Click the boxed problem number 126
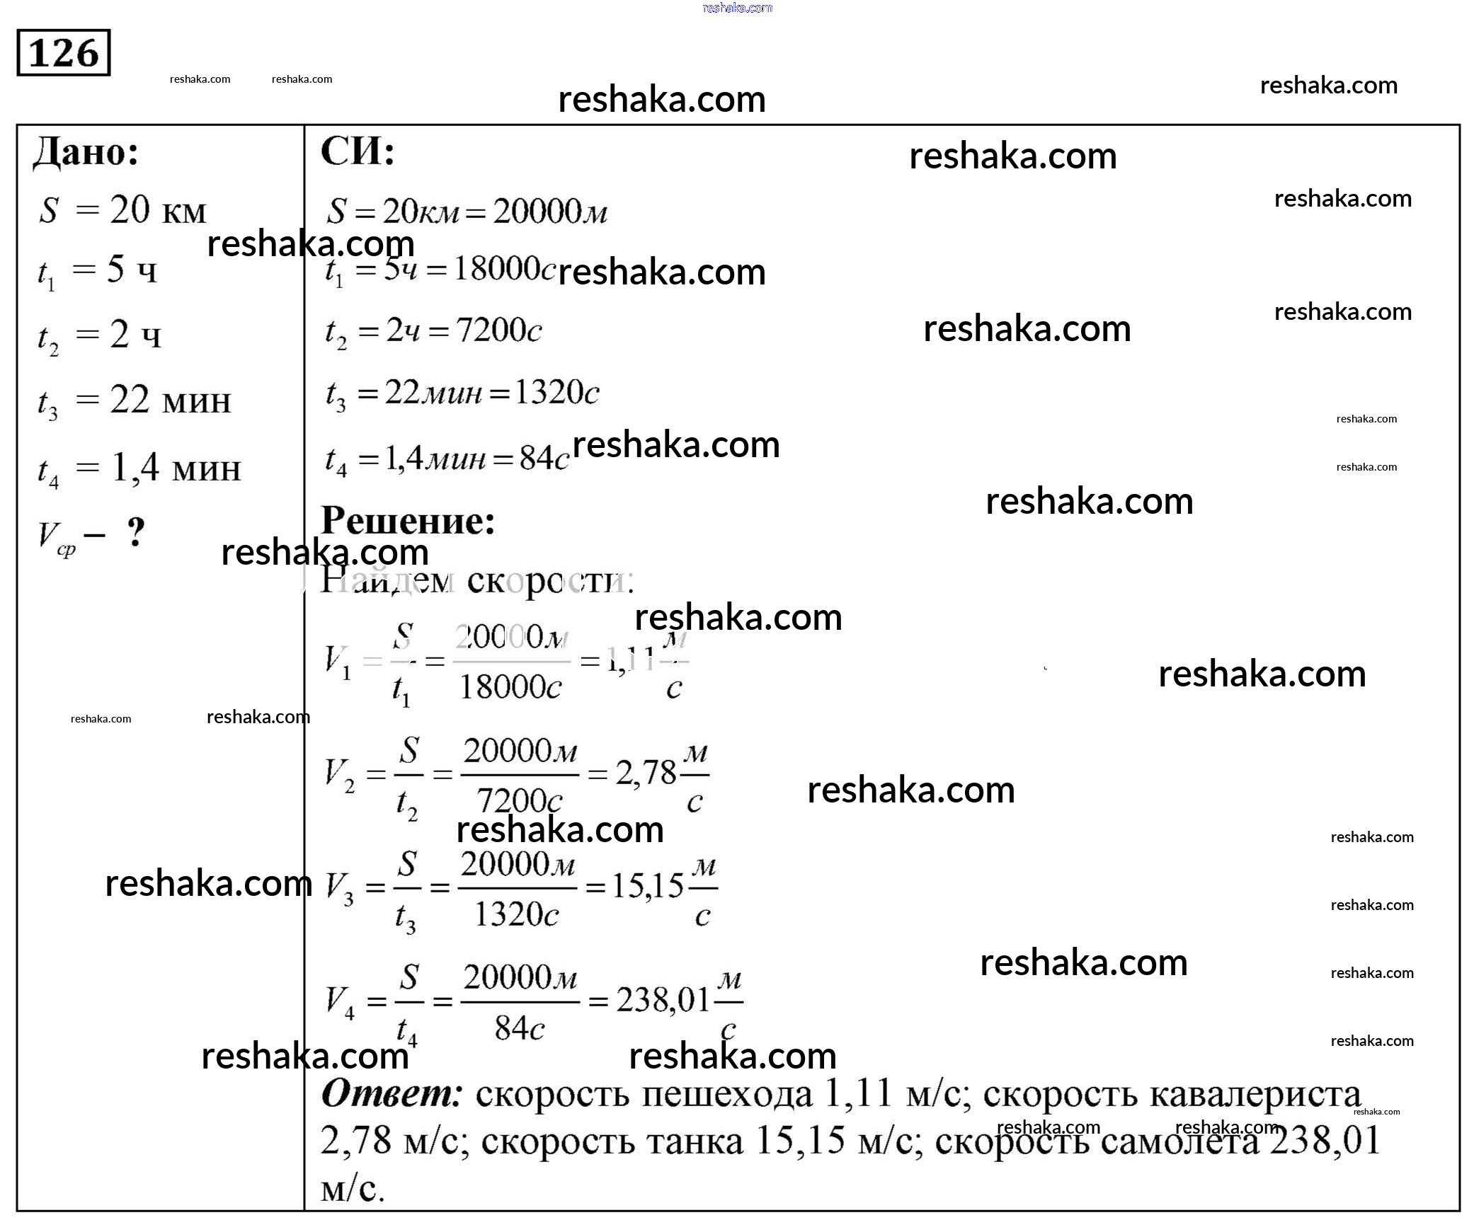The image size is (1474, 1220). pos(64,52)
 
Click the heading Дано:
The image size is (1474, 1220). pos(86,152)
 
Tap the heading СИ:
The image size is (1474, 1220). pos(358,151)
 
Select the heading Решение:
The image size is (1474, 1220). pos(408,521)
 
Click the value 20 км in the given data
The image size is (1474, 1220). pos(158,210)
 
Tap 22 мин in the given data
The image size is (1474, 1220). pos(170,401)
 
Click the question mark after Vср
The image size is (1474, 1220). pos(136,532)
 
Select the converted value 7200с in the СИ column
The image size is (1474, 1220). pos(499,330)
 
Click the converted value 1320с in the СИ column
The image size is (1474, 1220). pos(556,392)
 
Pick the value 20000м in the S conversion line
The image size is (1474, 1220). pos(550,211)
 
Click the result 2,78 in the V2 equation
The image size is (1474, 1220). pos(646,773)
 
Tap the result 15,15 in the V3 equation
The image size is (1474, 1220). pos(648,886)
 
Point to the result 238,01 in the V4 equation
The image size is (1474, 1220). pos(663,1000)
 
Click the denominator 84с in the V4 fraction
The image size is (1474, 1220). pos(520,1028)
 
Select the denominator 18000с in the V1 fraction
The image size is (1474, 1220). pos(510,686)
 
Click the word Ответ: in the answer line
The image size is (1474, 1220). pos(392,1094)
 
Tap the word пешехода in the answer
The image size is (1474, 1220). pos(726,1095)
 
